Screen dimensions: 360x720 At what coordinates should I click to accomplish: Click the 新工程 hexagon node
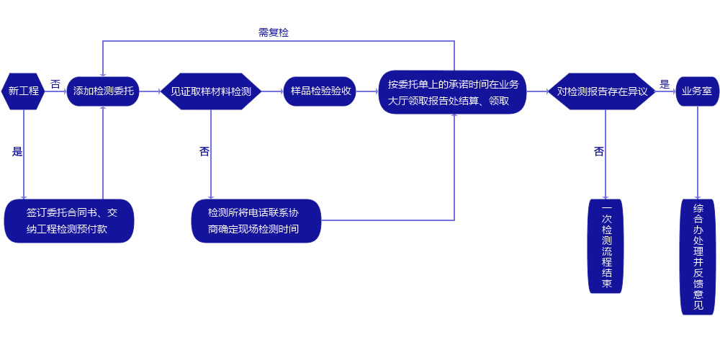point(23,91)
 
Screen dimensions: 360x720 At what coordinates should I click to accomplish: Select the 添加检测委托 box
point(103,91)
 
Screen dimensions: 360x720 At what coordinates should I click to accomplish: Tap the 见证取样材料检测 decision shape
point(210,91)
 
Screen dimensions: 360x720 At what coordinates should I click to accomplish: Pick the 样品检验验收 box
point(320,91)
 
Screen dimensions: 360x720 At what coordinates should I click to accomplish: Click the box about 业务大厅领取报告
point(453,91)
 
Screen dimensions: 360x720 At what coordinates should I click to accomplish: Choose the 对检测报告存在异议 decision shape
point(603,91)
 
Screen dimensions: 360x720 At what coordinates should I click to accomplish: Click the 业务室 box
point(697,91)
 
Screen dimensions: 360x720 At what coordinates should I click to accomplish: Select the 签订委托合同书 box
point(70,220)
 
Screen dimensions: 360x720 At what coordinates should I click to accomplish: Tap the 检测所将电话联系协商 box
point(256,220)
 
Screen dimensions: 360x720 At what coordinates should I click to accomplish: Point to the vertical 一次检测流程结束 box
point(606,246)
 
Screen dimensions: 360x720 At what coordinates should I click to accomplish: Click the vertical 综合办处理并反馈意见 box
point(698,257)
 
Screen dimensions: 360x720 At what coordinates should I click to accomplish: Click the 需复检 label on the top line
point(274,32)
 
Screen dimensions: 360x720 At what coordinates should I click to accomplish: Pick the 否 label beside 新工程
point(55,84)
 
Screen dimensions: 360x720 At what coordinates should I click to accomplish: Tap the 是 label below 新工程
point(17,152)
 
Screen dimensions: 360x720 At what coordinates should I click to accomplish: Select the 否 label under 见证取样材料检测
point(204,152)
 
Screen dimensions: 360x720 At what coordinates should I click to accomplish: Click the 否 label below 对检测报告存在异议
point(599,152)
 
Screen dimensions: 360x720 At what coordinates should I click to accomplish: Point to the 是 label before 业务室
point(665,84)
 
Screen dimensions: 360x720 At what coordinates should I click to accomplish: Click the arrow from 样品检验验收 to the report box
point(368,91)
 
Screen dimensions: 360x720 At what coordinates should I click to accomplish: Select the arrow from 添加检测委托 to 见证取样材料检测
point(149,91)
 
